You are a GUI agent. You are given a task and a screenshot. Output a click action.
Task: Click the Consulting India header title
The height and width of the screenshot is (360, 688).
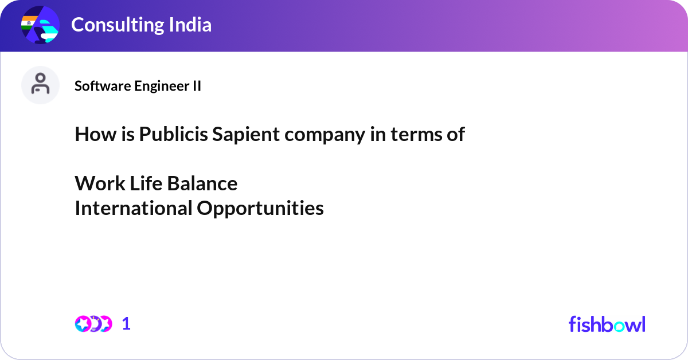click(x=141, y=25)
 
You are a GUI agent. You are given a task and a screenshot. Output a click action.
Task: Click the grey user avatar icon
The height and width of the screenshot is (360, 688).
click(x=40, y=85)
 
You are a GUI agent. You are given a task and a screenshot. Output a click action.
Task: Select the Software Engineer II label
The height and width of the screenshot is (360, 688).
click(x=138, y=86)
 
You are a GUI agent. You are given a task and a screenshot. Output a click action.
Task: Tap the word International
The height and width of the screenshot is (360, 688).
click(x=133, y=208)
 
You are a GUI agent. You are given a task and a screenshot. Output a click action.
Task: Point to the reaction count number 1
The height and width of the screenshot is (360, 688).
click(x=126, y=324)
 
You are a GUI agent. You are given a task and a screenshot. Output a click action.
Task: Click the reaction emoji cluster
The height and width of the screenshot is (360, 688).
click(x=93, y=324)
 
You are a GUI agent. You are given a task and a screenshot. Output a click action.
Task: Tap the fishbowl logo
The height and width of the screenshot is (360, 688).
click(x=607, y=324)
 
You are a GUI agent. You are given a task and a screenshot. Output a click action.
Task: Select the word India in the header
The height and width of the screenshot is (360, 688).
click(x=190, y=25)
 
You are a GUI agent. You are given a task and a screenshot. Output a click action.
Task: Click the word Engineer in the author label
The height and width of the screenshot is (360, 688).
click(x=161, y=86)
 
